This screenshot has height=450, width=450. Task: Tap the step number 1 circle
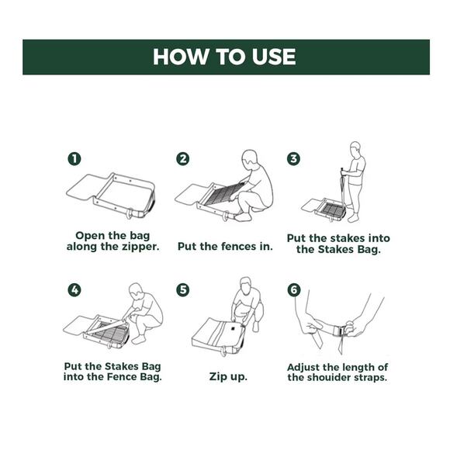74,159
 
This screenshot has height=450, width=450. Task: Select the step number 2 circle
183,159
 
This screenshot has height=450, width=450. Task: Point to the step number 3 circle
293,159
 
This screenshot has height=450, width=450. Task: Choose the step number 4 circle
74,290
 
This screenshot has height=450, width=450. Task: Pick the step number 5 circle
183,290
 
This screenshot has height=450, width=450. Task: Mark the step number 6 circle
294,290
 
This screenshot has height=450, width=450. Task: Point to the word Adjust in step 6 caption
303,368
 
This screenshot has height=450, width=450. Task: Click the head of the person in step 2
249,159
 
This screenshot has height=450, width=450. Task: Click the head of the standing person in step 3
355,149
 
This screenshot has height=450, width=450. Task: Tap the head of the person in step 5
245,286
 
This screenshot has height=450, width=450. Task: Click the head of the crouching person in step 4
136,292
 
